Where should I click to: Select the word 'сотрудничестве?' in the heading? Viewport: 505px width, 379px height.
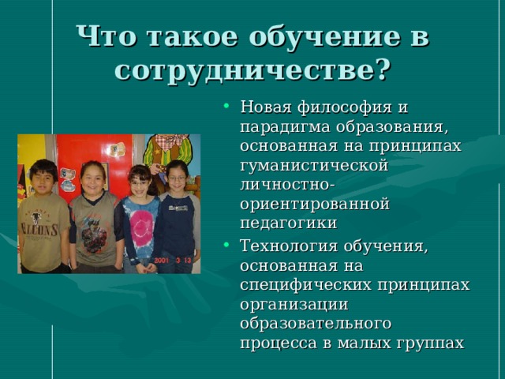click(252, 69)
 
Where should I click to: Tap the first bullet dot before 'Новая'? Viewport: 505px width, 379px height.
click(226, 107)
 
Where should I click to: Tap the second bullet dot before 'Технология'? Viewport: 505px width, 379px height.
click(226, 246)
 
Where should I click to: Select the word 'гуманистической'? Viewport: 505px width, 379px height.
click(313, 166)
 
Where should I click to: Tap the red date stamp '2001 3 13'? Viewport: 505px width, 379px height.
click(174, 258)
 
